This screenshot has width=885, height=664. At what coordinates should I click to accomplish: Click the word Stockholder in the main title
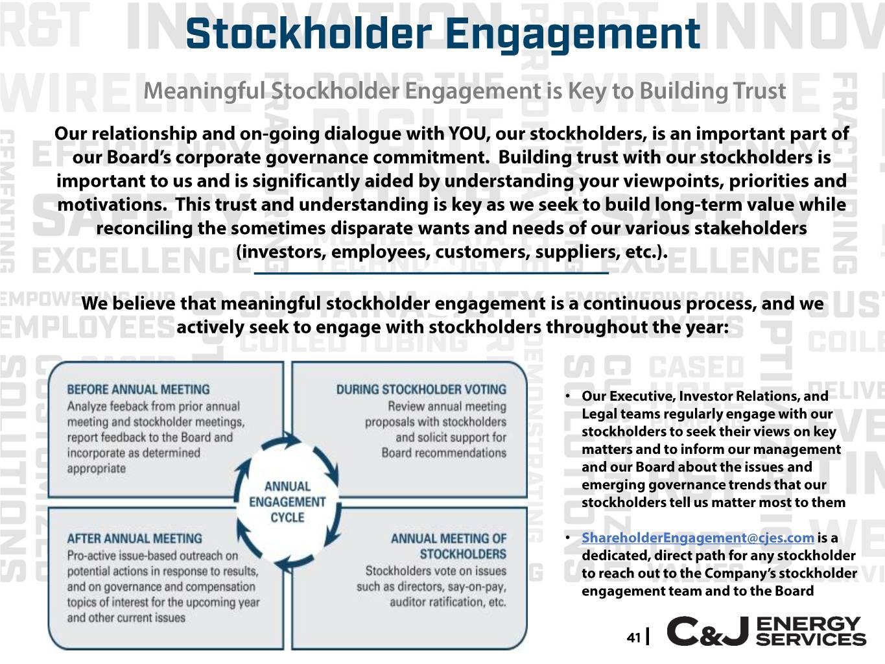click(309, 33)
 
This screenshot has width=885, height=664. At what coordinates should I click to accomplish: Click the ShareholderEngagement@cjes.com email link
click(698, 538)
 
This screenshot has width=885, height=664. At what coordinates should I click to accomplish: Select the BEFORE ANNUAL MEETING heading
click(138, 390)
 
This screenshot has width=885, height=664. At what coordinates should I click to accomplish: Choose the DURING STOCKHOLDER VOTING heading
click(421, 390)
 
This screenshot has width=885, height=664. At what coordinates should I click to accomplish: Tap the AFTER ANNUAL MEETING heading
click(135, 539)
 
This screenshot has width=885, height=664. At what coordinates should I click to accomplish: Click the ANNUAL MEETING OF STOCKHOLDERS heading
click(449, 546)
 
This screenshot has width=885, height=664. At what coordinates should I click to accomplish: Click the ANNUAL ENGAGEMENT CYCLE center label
click(287, 502)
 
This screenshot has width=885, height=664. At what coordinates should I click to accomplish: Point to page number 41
click(634, 637)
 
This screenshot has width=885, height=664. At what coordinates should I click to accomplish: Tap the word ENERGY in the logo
click(808, 624)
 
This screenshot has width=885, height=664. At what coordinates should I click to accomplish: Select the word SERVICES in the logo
click(811, 639)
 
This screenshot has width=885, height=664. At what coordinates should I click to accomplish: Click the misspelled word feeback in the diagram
click(117, 406)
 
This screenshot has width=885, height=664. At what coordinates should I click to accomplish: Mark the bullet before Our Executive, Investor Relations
click(568, 396)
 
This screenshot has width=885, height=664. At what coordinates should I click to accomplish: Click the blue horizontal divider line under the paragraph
click(431, 274)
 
